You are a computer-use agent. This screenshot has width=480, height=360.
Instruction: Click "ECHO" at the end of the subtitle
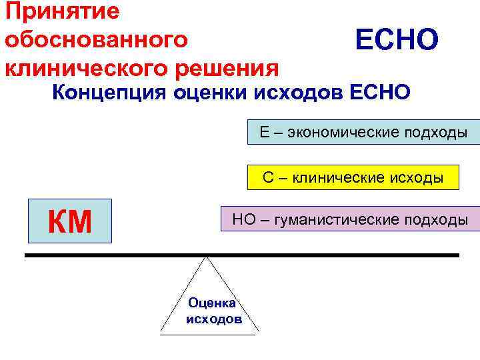click(380, 93)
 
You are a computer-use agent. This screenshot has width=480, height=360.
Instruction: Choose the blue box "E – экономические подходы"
click(363, 133)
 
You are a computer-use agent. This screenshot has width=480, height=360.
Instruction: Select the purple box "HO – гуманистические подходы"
click(349, 219)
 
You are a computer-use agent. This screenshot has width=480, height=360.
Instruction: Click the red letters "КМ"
click(70, 221)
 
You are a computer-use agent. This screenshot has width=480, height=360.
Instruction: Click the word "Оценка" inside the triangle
click(209, 303)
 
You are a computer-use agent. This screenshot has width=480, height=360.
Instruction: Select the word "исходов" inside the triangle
click(213, 318)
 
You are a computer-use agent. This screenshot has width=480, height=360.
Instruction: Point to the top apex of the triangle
click(207, 258)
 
